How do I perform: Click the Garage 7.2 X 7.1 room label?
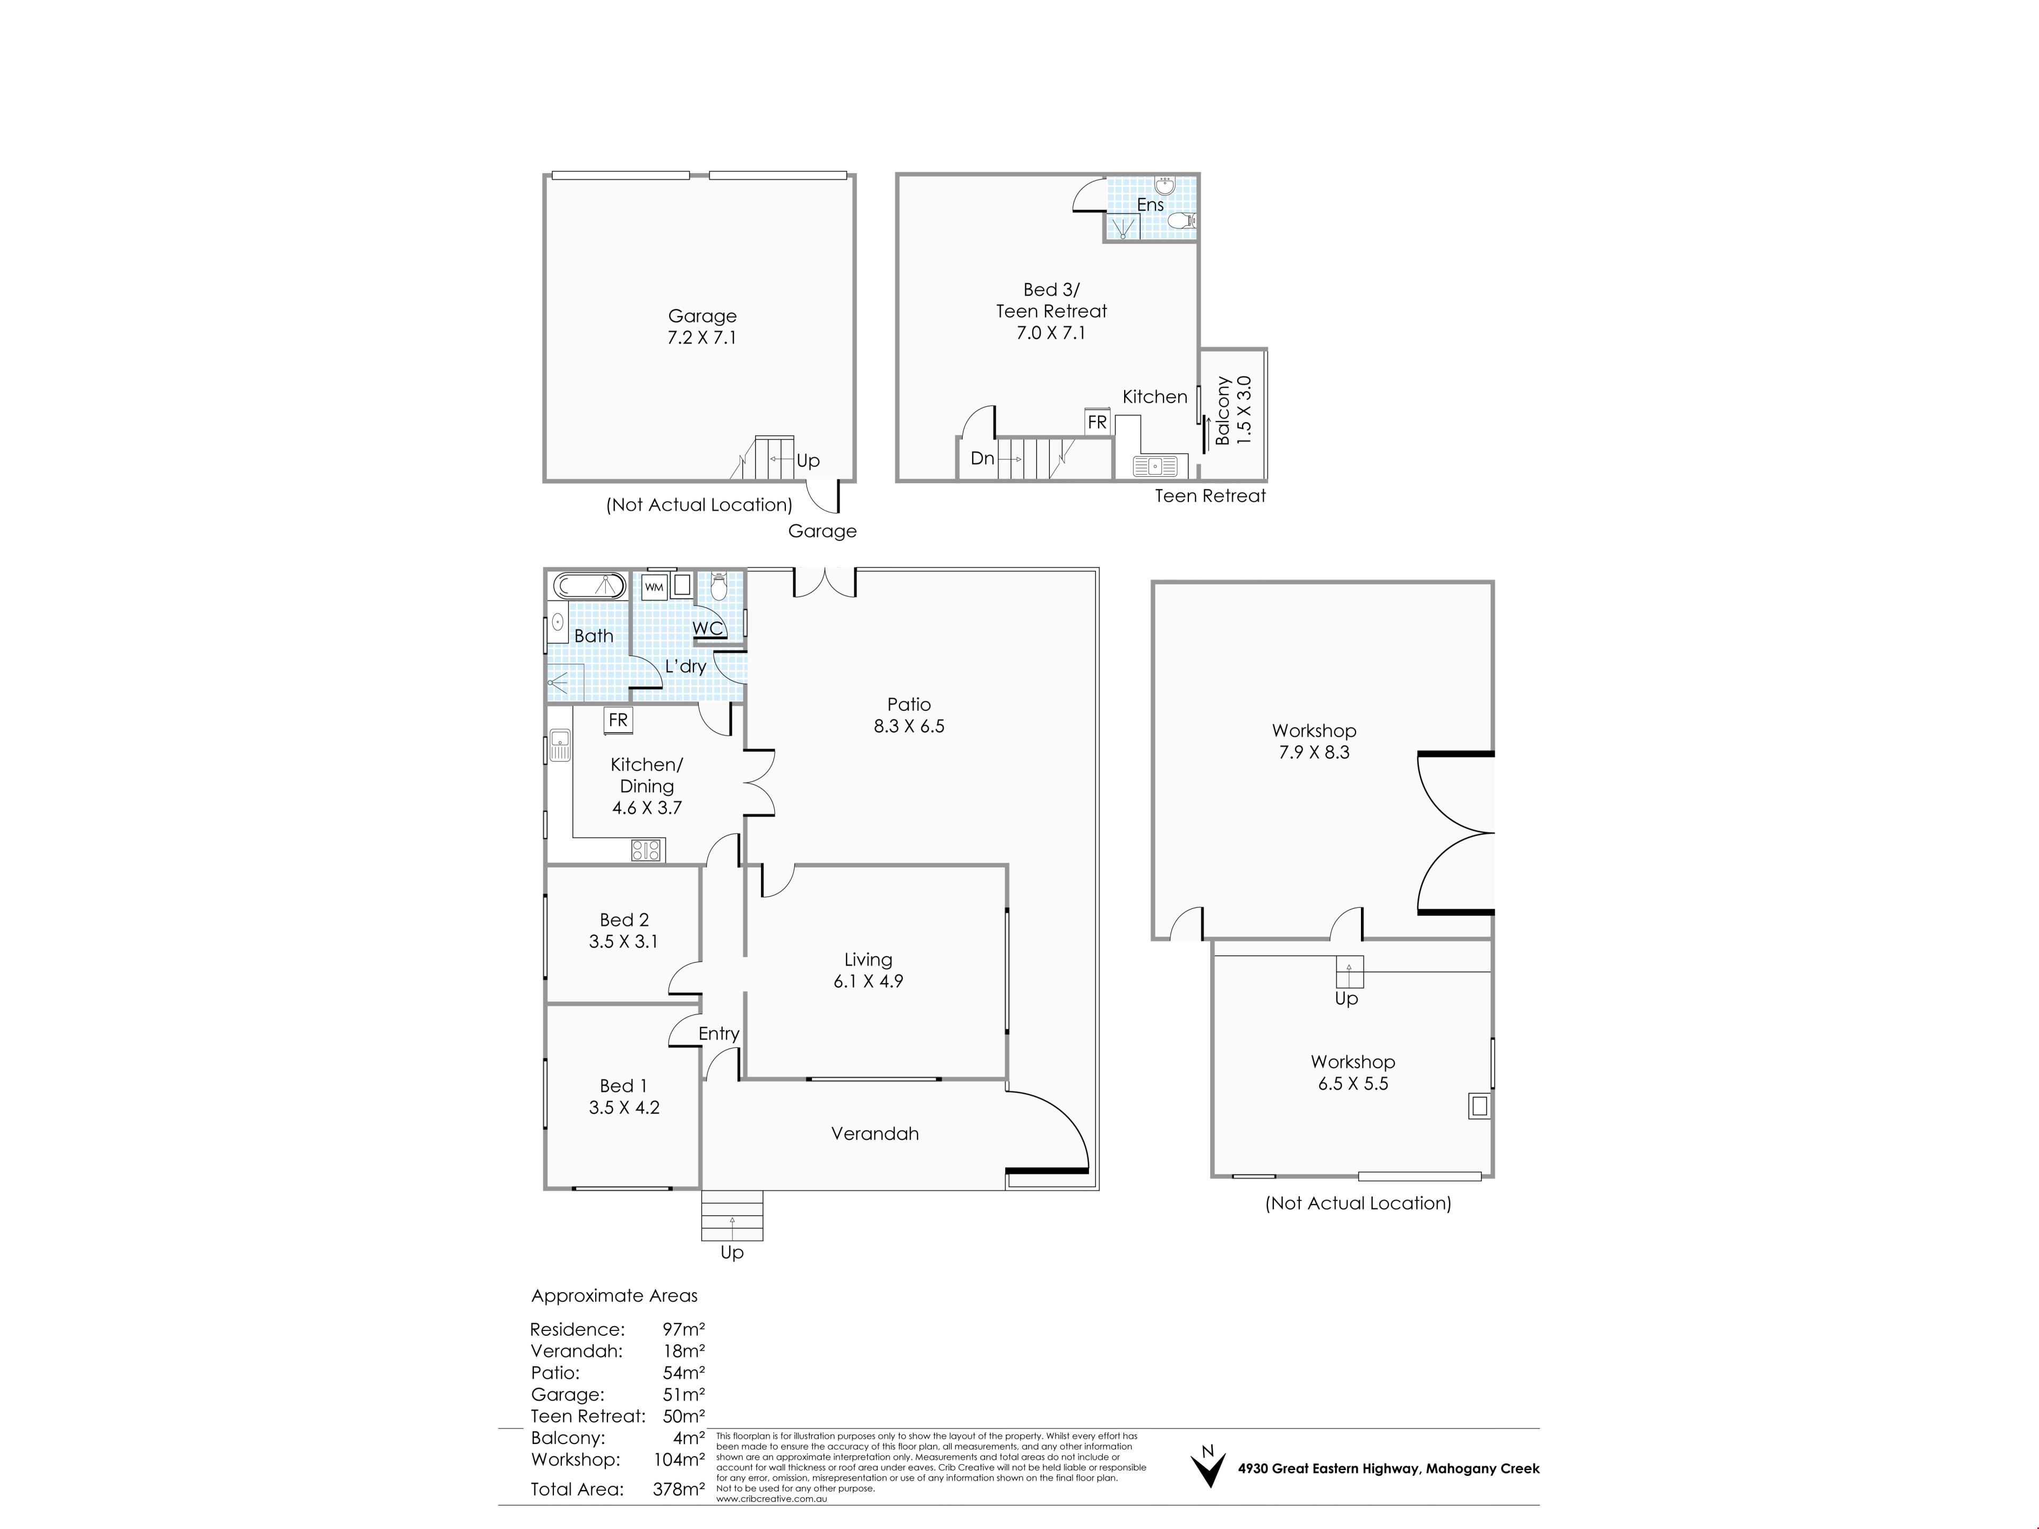coord(702,327)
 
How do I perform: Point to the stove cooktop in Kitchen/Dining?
coord(647,850)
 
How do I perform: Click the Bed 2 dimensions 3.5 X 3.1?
coord(624,941)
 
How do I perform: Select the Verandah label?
coord(875,1133)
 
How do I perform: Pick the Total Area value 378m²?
coord(679,1489)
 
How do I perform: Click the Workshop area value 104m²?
coord(679,1460)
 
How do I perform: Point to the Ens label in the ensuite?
coord(1151,204)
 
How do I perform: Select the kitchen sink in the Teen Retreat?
coord(1154,466)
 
